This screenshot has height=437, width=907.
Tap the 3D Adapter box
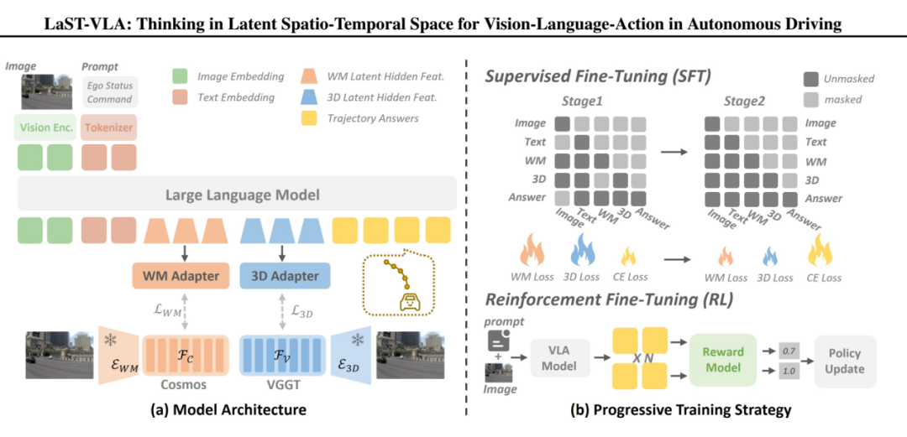click(x=285, y=275)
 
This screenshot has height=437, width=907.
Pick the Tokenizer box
click(x=108, y=128)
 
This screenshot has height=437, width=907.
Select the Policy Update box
click(x=844, y=362)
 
